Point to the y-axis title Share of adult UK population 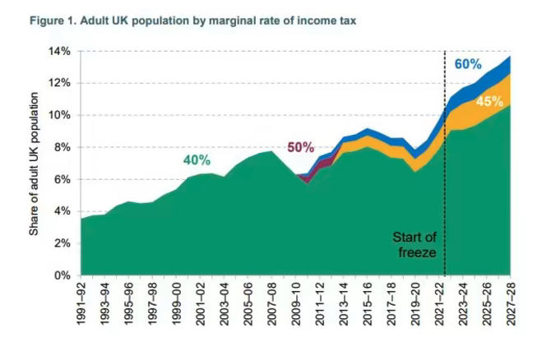[x=35, y=164]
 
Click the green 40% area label [x=197, y=159]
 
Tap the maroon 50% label [x=300, y=148]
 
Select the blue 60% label [x=468, y=64]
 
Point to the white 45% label [x=488, y=102]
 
